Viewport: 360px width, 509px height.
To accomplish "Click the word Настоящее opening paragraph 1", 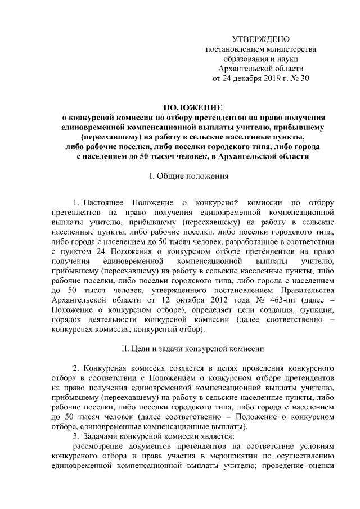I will click(104, 201).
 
